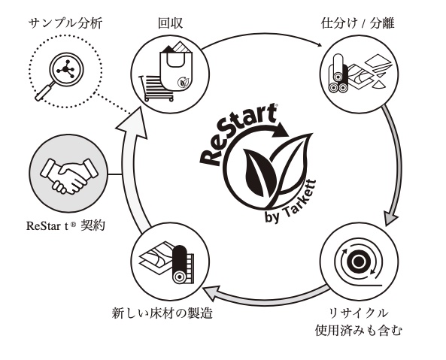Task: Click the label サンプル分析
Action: click(65, 23)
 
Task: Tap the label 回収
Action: click(170, 23)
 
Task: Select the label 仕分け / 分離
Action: click(357, 23)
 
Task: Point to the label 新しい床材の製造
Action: click(162, 313)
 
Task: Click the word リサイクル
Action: click(358, 313)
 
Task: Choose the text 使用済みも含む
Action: click(359, 331)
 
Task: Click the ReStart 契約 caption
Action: click(65, 225)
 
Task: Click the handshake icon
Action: click(69, 176)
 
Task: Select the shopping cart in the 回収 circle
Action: click(156, 87)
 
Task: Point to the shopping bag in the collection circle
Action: click(177, 66)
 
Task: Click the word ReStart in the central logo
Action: click(238, 135)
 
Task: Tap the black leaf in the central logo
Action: click(260, 172)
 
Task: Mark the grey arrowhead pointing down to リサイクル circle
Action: click(390, 219)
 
